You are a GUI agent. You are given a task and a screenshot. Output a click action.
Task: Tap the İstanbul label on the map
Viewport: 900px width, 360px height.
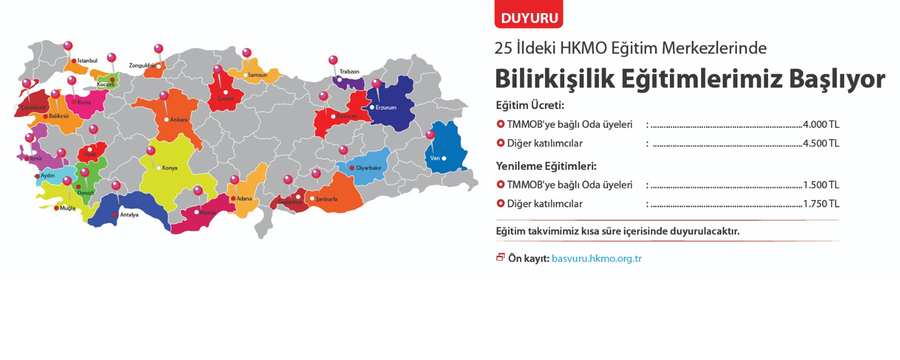(x=87, y=60)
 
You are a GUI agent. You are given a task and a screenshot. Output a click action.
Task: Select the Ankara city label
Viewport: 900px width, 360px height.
(x=179, y=120)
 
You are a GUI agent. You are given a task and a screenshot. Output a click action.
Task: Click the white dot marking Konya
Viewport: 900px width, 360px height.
(x=158, y=168)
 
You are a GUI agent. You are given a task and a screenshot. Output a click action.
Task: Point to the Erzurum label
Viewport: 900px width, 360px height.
(x=386, y=107)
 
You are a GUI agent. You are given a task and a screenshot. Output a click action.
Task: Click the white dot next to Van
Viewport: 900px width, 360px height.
(x=444, y=158)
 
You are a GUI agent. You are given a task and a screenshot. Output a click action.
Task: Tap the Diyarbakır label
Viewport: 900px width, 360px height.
(x=368, y=168)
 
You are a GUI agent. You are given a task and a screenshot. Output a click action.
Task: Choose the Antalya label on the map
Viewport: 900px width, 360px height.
(x=129, y=215)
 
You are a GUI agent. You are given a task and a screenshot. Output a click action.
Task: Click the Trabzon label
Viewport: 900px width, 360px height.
(x=349, y=72)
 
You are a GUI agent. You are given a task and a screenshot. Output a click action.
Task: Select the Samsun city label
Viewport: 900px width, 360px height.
(x=257, y=75)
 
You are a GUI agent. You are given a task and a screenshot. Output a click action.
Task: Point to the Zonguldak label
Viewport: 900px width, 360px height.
(x=142, y=66)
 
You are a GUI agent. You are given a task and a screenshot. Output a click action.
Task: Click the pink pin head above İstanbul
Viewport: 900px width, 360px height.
(x=68, y=46)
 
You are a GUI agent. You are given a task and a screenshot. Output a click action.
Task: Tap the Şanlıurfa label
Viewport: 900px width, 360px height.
(x=326, y=199)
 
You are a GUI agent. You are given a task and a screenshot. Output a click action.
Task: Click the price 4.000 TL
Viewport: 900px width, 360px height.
(x=821, y=125)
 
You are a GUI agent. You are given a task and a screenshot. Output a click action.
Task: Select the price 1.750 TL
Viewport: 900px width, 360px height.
(x=821, y=204)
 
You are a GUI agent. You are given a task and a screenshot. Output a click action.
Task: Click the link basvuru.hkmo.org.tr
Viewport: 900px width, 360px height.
(x=596, y=258)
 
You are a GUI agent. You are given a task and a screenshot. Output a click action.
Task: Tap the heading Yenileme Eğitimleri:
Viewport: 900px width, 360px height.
(x=546, y=166)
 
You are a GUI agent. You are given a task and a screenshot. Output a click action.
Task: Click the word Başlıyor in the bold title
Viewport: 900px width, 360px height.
(x=837, y=79)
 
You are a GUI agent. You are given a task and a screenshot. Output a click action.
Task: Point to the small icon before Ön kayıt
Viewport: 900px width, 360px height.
(x=500, y=257)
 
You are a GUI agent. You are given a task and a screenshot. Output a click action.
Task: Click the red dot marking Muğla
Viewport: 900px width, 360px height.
(x=57, y=208)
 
